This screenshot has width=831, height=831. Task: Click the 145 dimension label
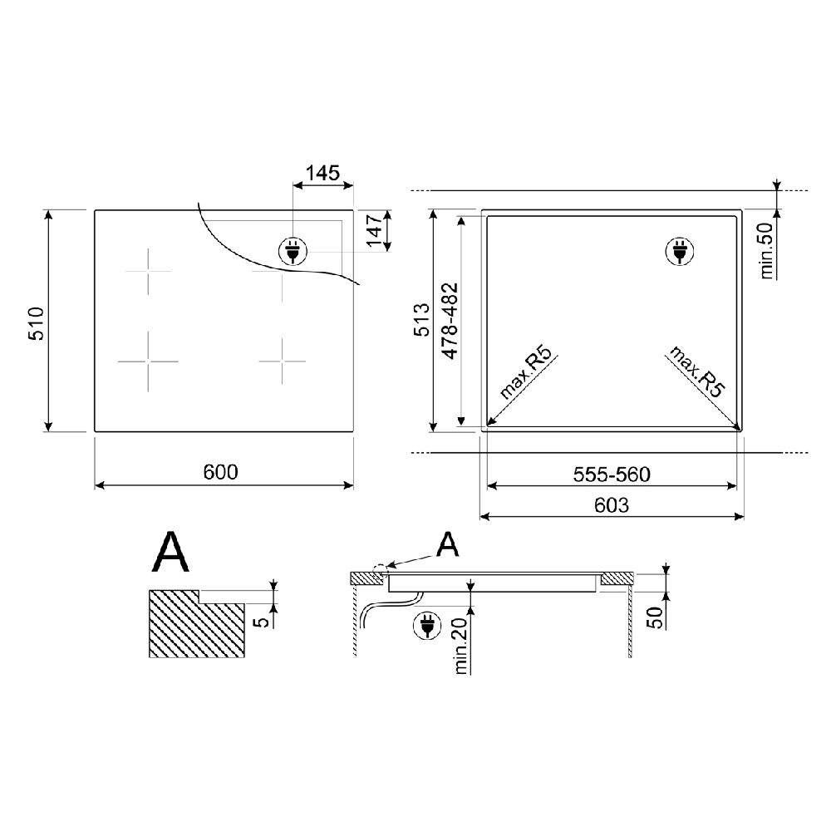pos(322,173)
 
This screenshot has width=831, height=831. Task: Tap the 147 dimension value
pos(376,230)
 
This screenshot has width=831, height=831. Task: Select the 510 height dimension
pos(37,323)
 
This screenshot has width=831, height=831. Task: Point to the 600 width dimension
pos(220,472)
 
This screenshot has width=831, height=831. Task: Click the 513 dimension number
pos(422,320)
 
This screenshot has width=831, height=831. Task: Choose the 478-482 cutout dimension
pos(450,321)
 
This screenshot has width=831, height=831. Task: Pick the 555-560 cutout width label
pos(612,475)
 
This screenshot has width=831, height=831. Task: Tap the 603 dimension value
pos(612,505)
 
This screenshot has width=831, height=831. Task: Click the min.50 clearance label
pos(767,249)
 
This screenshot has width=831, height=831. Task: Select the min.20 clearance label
pos(461,646)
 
